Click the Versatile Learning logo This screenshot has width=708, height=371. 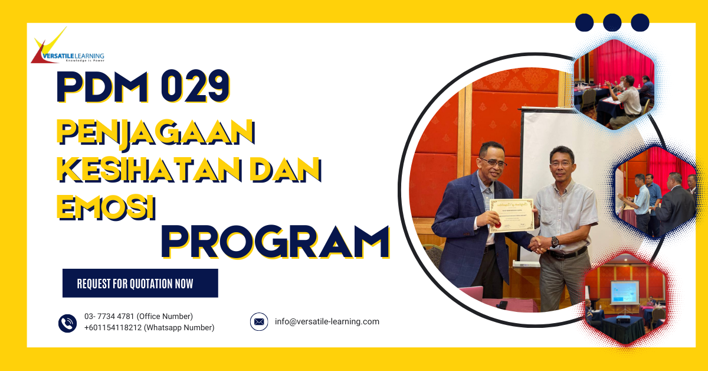coord(67,48)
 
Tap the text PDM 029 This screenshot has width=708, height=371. coord(142,87)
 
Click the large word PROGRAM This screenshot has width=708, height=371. coord(275,241)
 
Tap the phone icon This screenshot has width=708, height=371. coord(67,323)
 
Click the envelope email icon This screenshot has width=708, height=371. coord(258,322)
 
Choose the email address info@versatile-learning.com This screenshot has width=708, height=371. coord(327,322)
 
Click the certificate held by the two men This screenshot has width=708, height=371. coord(512,214)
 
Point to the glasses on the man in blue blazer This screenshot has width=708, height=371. coord(494,161)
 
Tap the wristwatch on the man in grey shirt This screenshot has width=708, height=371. coord(555,242)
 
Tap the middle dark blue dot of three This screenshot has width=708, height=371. coord(612,22)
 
